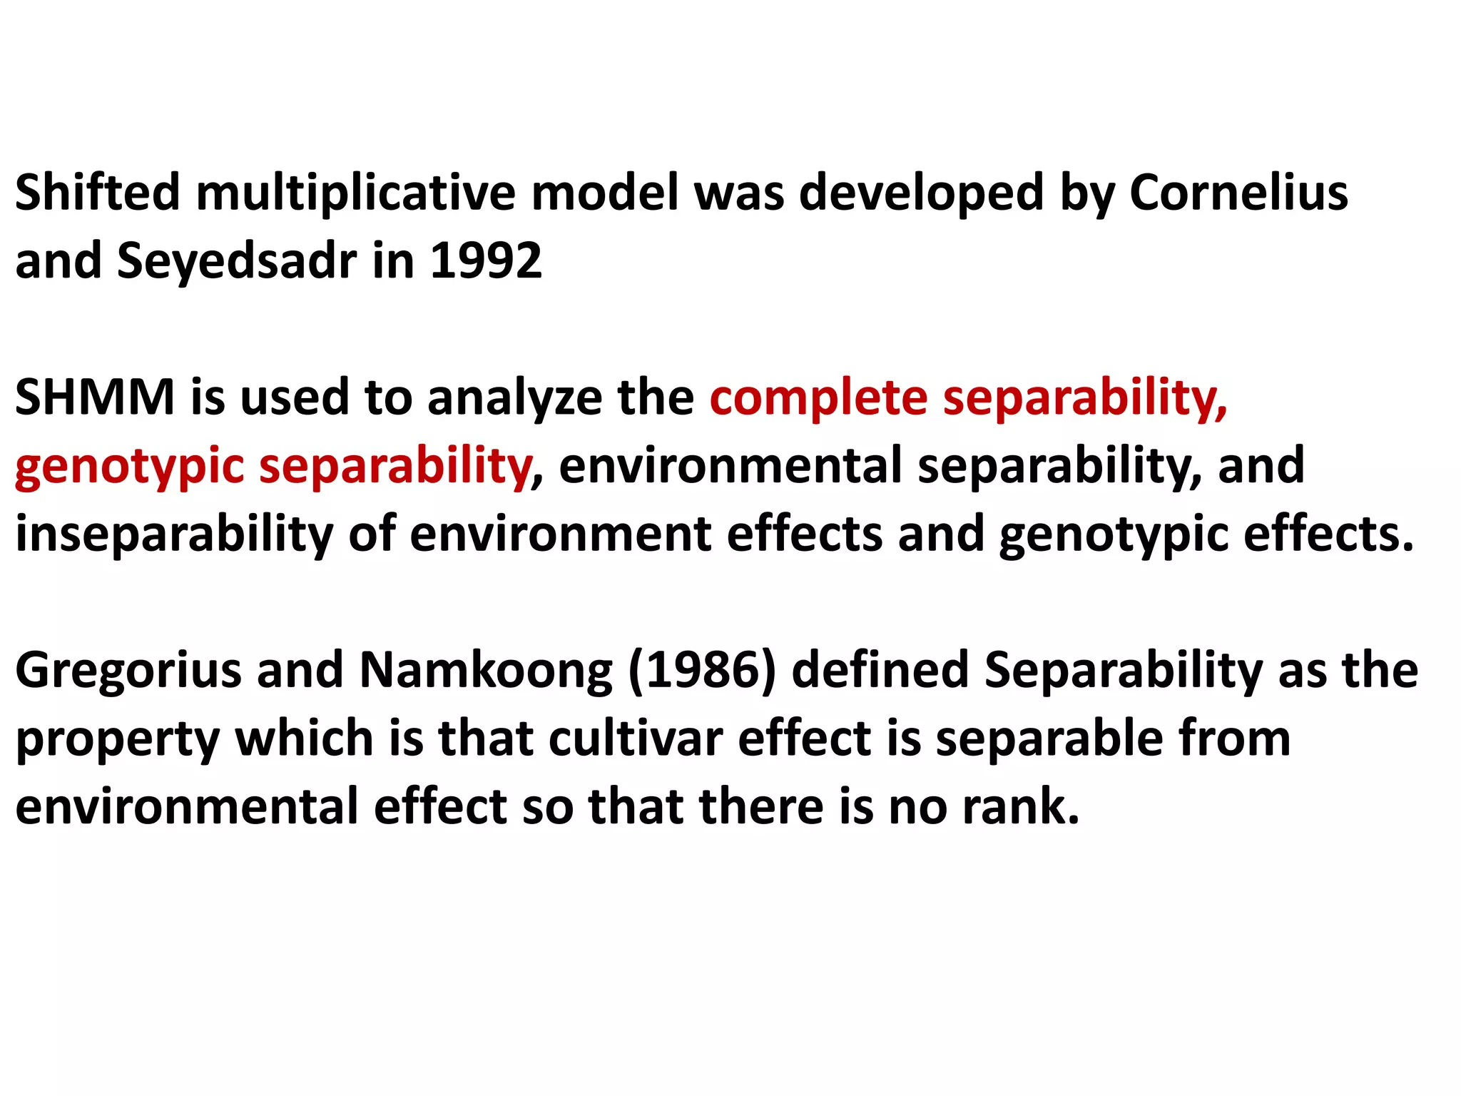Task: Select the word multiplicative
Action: point(355,193)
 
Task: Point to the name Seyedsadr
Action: point(236,261)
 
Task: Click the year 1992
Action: point(486,260)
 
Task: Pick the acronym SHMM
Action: point(95,397)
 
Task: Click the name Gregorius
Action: point(128,671)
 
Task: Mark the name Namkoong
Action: point(485,671)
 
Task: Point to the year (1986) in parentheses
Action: point(702,671)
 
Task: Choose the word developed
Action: point(921,193)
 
